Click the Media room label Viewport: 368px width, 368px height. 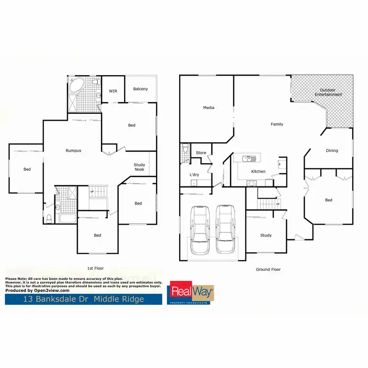coord(209,107)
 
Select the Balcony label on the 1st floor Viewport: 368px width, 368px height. coord(140,89)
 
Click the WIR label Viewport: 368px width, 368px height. coord(113,91)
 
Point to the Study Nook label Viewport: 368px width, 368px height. coord(139,167)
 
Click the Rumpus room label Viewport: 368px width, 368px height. coord(74,151)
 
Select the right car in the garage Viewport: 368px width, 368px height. coord(225,230)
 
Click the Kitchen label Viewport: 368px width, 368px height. coord(258,172)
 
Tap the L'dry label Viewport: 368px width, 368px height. coord(194,175)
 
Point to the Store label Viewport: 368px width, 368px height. coord(201,153)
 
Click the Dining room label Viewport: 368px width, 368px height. coord(332,151)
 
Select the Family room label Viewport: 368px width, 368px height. coord(277,124)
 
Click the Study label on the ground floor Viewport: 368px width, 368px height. coord(265,236)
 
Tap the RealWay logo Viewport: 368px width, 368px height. coord(191,293)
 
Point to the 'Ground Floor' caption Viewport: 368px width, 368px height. coord(268,269)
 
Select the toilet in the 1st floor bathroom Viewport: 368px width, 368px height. coord(49,219)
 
